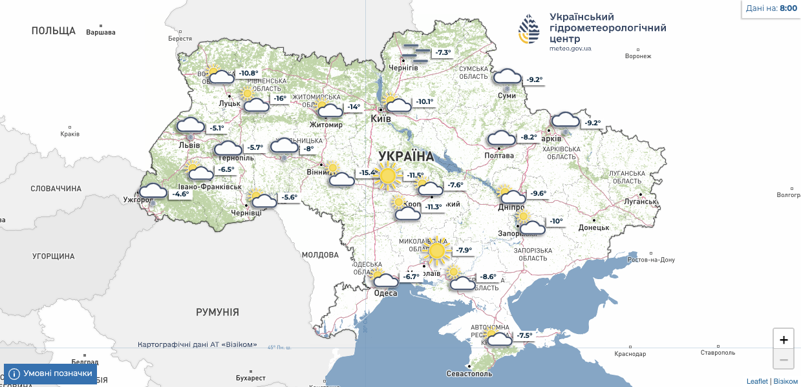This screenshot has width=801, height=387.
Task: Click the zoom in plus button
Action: (x=784, y=340)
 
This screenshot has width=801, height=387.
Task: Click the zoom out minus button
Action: (x=784, y=359)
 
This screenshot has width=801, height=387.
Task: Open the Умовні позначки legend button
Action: (x=50, y=373)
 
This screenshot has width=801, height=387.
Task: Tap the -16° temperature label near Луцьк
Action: (x=279, y=99)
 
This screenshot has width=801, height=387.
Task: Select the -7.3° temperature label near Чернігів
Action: (x=442, y=52)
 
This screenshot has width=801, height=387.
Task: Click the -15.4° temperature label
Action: (x=367, y=173)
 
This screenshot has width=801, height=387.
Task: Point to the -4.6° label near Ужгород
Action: (x=180, y=194)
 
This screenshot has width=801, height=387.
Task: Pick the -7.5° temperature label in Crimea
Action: (x=524, y=335)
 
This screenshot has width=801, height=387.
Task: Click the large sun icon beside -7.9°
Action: (x=436, y=251)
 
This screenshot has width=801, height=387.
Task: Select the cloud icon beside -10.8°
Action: (x=221, y=78)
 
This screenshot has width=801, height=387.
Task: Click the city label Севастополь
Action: (x=469, y=374)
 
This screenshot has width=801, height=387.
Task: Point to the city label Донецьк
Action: (x=593, y=227)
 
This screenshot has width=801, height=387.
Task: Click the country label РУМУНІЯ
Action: (x=217, y=313)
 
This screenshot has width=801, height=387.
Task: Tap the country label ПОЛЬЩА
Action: (x=53, y=31)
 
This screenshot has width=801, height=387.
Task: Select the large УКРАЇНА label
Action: (x=406, y=156)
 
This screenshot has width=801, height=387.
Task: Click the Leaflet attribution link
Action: (x=757, y=381)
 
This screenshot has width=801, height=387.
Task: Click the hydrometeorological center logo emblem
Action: (x=529, y=29)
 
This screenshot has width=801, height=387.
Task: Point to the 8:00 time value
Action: (x=788, y=8)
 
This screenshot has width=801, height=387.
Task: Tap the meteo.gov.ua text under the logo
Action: (x=570, y=48)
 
